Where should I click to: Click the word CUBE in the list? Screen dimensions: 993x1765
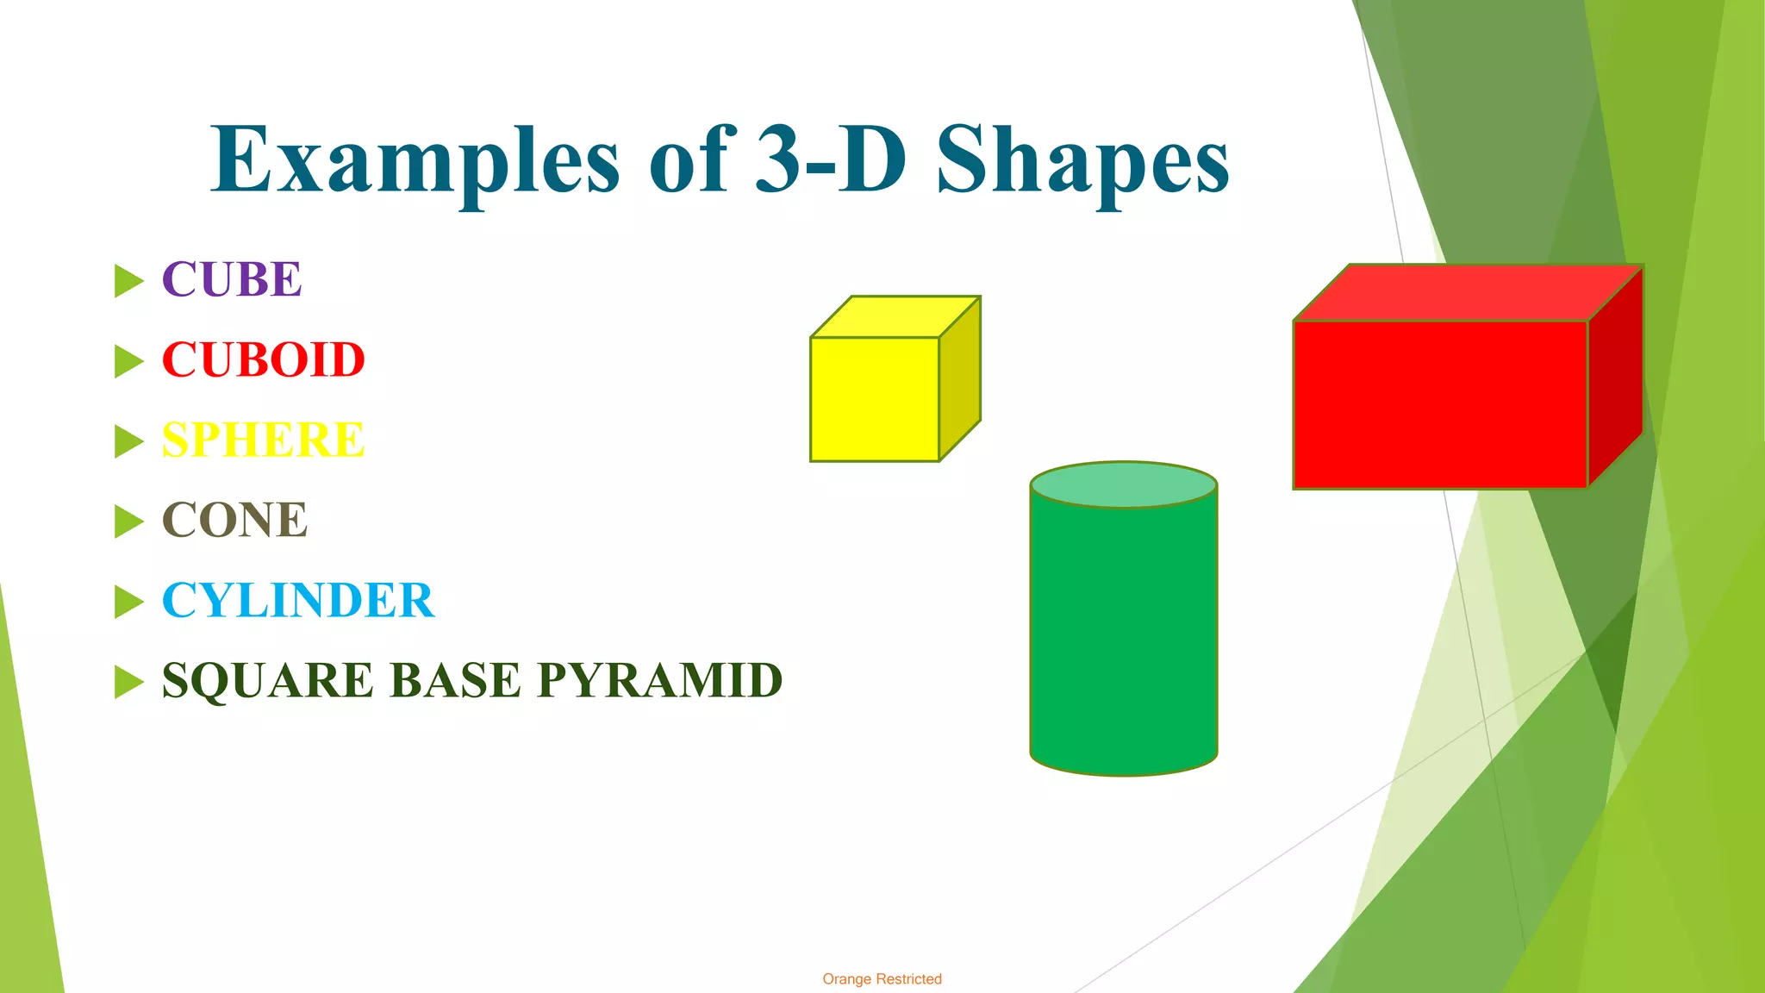point(232,279)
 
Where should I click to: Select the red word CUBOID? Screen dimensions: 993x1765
point(264,359)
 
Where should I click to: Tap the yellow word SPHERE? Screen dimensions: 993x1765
point(263,440)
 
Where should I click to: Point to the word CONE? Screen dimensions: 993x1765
point(234,520)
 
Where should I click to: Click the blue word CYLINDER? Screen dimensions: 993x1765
point(298,600)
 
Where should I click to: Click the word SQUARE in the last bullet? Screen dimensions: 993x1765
point(268,680)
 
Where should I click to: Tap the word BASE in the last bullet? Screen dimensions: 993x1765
point(456,680)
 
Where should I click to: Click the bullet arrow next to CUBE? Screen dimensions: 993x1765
point(128,281)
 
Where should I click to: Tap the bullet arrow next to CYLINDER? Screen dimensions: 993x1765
point(128,602)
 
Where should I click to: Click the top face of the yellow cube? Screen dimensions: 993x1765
point(895,317)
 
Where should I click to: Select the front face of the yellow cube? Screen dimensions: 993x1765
point(874,399)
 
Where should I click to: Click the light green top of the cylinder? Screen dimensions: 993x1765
point(1123,484)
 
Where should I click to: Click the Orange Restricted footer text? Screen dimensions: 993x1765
point(882,979)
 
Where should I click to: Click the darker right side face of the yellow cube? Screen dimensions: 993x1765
point(960,379)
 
